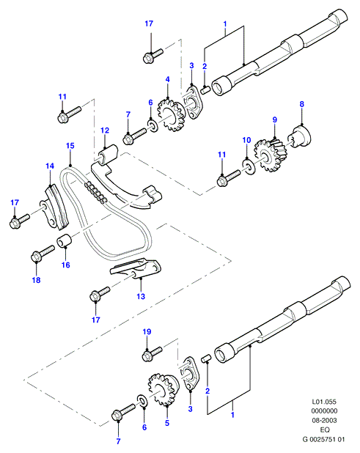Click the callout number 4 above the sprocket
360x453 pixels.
click(168, 79)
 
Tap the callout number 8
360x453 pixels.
click(301, 104)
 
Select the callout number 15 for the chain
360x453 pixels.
click(70, 146)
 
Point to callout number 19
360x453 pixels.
click(147, 331)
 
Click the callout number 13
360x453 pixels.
click(141, 296)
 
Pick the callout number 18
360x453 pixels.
click(36, 280)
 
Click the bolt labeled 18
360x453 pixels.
click(43, 253)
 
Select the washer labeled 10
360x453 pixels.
click(249, 167)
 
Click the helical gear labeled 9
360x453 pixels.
click(270, 155)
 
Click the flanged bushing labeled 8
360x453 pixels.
click(300, 137)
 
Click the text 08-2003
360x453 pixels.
click(324, 420)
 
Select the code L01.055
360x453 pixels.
click(324, 402)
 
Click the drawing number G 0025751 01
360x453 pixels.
click(323, 439)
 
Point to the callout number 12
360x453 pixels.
click(105, 130)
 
